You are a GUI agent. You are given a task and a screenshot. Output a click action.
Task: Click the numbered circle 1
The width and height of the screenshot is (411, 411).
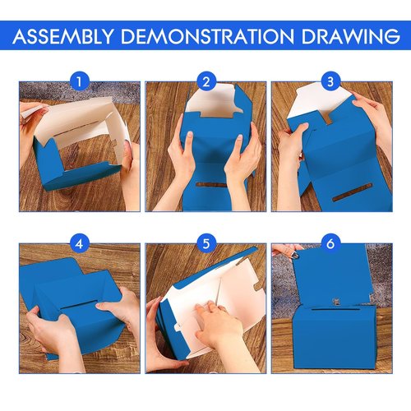click(79, 81)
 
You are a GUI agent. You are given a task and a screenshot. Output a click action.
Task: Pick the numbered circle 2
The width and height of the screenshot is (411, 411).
click(205, 81)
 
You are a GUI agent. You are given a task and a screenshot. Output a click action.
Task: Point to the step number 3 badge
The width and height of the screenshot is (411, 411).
click(331, 81)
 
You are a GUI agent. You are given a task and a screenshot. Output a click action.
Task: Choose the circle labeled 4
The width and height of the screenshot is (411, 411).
click(79, 244)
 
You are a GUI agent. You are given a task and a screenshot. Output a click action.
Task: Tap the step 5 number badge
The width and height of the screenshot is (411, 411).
click(205, 244)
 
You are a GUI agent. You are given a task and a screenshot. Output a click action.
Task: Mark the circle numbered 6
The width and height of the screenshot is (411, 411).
click(331, 244)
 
